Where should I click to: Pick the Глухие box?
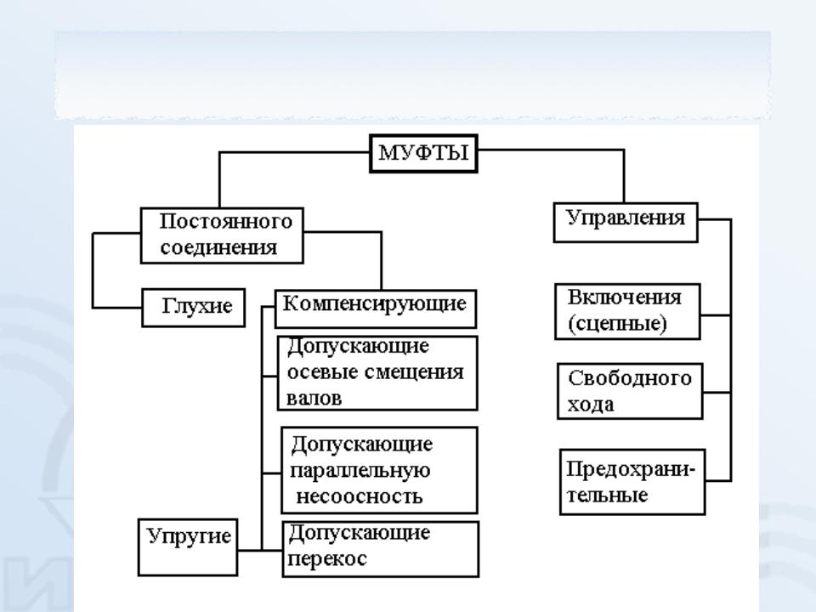[x=197, y=305]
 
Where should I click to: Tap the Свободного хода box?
[x=630, y=391]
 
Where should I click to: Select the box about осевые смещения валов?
[x=377, y=373]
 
